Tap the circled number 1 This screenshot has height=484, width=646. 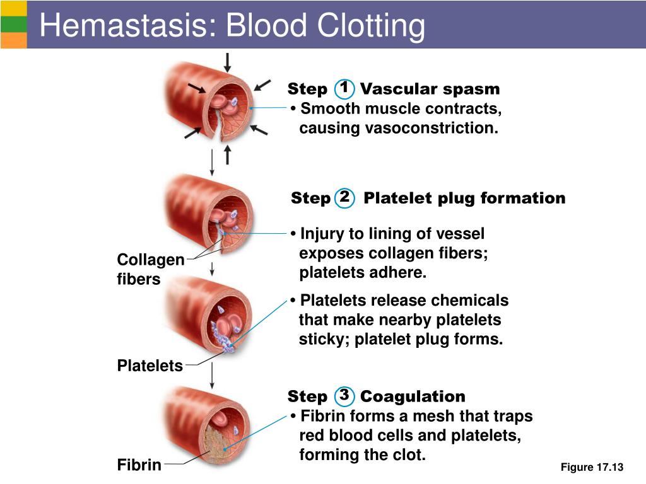[344, 88]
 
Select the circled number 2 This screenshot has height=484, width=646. [344, 197]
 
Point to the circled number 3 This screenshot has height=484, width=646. [344, 396]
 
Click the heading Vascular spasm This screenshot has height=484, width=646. [430, 89]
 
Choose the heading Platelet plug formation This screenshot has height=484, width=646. [464, 199]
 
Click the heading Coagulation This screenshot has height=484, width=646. [413, 396]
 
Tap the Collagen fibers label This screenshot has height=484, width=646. [150, 269]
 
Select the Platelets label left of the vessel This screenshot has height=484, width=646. [150, 366]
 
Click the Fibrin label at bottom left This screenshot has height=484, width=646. [139, 466]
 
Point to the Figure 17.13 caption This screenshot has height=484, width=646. [591, 467]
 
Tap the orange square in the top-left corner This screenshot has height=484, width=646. [13, 40]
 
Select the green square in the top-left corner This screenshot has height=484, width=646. [13, 24]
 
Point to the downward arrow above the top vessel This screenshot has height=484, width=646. [227, 62]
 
